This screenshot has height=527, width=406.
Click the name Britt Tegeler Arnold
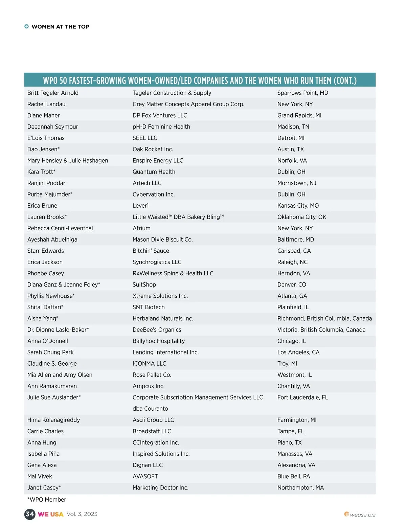click(53, 93)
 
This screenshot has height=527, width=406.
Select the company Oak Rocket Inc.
click(153, 149)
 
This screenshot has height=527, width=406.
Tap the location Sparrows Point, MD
click(302, 93)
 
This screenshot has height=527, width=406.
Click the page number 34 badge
click(30, 514)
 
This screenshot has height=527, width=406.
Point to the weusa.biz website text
click(362, 515)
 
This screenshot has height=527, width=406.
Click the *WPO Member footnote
click(47, 500)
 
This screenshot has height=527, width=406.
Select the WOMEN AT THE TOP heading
click(60, 27)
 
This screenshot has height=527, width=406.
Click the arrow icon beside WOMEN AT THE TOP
click(26, 27)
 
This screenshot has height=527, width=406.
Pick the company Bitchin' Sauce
click(151, 251)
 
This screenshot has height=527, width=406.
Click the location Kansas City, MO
click(298, 206)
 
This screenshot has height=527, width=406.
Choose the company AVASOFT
click(145, 476)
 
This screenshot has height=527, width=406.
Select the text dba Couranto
click(150, 409)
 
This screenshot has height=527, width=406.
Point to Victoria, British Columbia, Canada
click(321, 330)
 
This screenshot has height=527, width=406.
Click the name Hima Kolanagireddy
click(53, 420)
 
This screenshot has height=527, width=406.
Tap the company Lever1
click(140, 206)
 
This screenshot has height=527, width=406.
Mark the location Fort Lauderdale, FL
click(302, 397)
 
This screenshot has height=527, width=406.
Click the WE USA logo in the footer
click(50, 514)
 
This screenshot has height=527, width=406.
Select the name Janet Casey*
click(44, 488)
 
